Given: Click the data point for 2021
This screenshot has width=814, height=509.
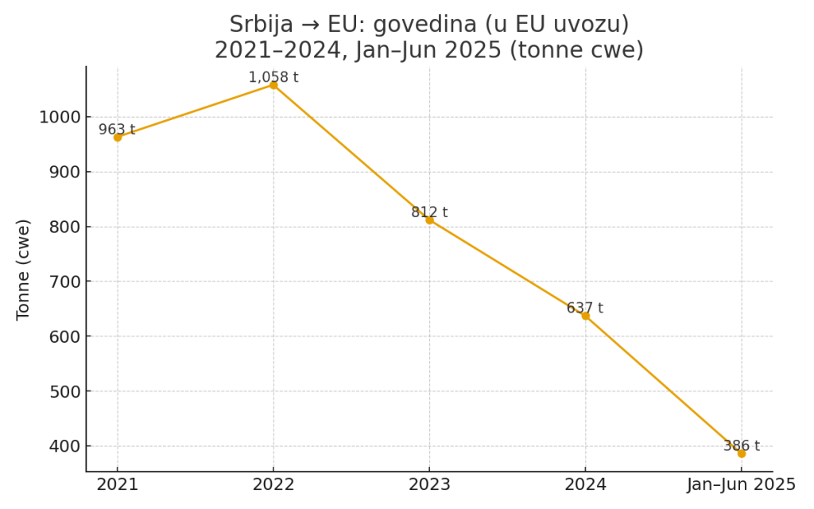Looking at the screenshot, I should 118,137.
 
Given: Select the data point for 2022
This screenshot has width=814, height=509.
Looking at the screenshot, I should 273,85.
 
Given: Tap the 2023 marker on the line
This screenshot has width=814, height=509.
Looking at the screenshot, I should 429,220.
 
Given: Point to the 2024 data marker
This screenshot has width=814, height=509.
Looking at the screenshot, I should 585,316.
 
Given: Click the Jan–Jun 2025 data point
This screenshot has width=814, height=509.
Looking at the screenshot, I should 741,453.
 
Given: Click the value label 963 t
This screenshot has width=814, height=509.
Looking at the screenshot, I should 117,130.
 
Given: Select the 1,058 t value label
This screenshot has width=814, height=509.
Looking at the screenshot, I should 273,77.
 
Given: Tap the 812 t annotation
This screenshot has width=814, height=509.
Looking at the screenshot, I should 429,212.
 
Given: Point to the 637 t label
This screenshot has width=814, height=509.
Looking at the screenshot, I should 585,308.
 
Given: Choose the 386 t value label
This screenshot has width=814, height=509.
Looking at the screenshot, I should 741,445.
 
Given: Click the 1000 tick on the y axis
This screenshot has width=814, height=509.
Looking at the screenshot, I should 60,117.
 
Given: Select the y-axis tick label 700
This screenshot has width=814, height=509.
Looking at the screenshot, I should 65,282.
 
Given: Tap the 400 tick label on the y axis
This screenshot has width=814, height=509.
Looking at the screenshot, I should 65,446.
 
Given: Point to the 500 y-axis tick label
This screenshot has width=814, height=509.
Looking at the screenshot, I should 65,391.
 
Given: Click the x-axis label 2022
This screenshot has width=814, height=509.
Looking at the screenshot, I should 273,484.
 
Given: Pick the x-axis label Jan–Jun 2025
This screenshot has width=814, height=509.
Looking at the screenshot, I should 741,484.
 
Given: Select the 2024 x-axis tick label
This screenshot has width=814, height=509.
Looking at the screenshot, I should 585,484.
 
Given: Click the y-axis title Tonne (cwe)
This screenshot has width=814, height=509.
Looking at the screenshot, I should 24,269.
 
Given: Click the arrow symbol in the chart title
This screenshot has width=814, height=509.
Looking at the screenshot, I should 309,25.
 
